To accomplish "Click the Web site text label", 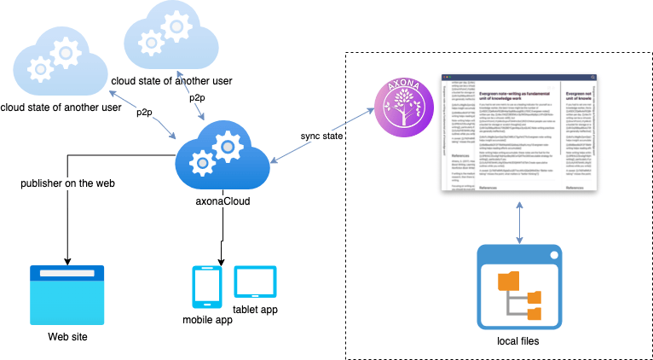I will [66, 335].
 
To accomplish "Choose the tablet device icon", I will [255, 281].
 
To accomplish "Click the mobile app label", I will [207, 320].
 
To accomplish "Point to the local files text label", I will [519, 340].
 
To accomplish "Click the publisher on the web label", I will [66, 183].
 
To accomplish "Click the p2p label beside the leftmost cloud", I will [144, 112].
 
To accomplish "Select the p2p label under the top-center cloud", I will [197, 98].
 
